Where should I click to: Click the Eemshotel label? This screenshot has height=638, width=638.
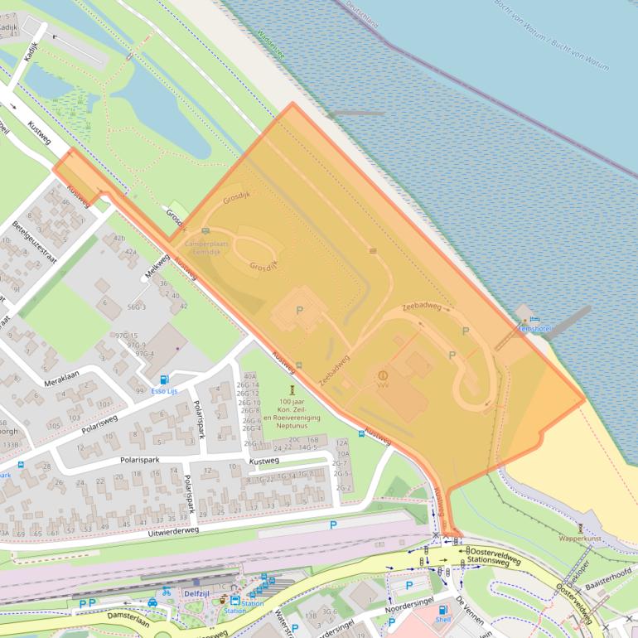[x=534, y=329]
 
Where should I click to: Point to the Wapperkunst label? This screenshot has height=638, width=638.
[x=580, y=538]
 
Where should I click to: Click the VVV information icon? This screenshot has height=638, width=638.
[x=383, y=375]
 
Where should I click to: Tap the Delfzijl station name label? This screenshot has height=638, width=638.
[x=196, y=593]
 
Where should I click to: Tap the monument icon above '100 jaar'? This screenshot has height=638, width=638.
[x=292, y=389]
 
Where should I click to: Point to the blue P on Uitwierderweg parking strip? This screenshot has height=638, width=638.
[x=333, y=524]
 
